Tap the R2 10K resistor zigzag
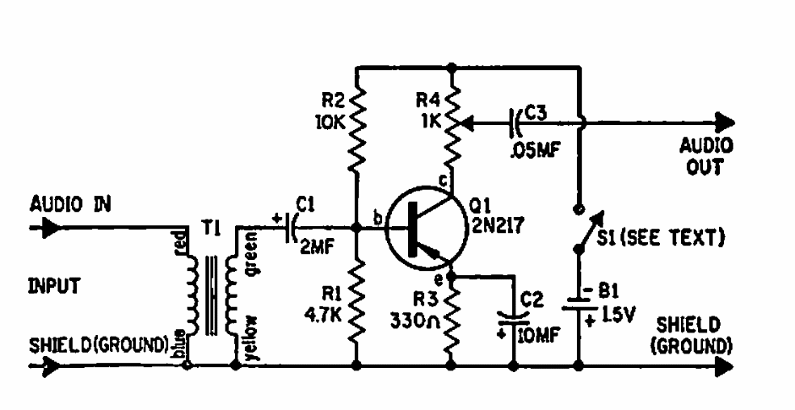[x=356, y=130]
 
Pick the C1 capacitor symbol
[x=291, y=228]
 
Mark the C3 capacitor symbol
[x=515, y=122]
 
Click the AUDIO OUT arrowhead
[x=726, y=122]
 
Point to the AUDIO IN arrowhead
[x=51, y=228]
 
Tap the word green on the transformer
[x=252, y=253]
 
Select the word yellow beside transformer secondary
[x=252, y=338]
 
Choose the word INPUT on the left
[x=54, y=287]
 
